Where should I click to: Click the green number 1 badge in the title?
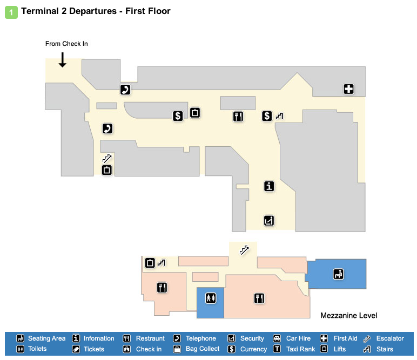pos(11,11)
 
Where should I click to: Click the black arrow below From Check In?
pos(63,59)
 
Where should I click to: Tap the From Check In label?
pos(66,44)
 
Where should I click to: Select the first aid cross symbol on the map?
pos(348,89)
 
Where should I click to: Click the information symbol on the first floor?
pos(269,186)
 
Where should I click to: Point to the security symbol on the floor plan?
pos(269,220)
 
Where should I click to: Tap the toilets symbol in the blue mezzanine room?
pos(210,297)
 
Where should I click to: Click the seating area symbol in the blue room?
pos(339,274)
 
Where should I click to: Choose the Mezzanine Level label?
pos(348,316)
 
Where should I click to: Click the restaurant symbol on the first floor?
pos(238,116)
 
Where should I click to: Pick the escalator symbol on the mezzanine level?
pos(244,249)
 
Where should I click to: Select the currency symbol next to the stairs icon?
pos(267,116)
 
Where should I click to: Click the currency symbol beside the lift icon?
pos(178,116)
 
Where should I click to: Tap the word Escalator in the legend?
pos(390,338)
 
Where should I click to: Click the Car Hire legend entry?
pos(298,338)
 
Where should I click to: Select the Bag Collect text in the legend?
pos(203,349)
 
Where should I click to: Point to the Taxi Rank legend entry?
pos(300,349)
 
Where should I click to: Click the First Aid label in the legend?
pos(345,338)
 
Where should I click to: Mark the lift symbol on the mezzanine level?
pos(150,263)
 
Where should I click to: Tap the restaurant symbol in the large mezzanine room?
pos(259,297)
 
